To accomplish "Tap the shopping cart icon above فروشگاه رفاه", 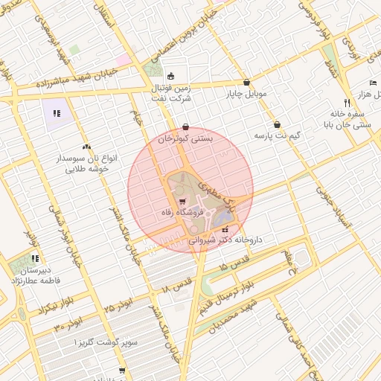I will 182,202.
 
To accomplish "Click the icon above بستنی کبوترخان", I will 185,127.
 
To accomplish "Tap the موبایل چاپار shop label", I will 246,95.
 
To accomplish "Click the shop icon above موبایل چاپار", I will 246,83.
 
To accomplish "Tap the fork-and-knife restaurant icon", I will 347,103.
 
